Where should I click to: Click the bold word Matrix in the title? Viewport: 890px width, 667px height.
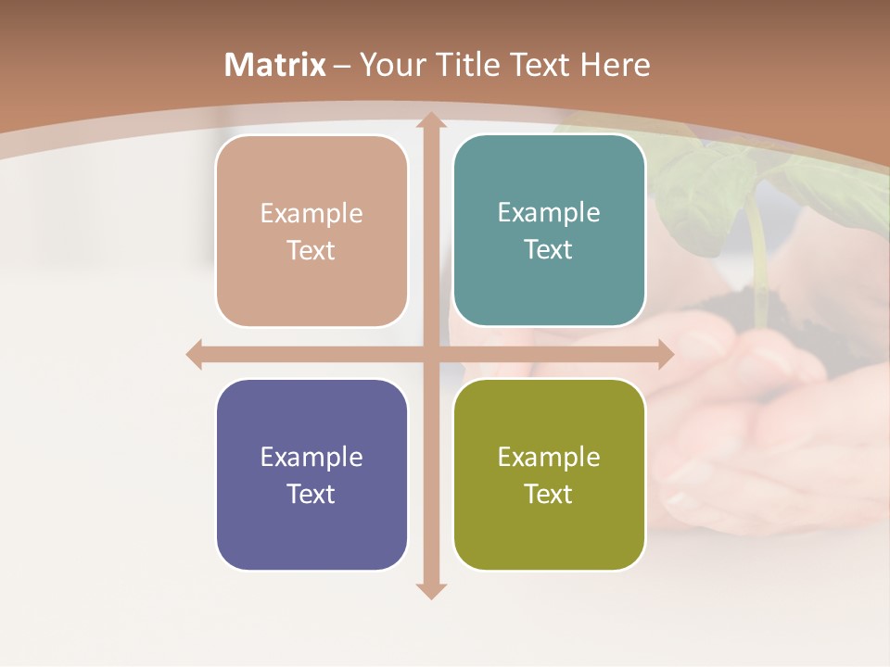pyautogui.click(x=275, y=65)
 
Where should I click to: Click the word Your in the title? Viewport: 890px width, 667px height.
pyautogui.click(x=388, y=65)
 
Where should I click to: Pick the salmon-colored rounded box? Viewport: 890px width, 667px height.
pyautogui.click(x=311, y=232)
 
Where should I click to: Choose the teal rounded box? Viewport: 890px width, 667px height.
pyautogui.click(x=549, y=231)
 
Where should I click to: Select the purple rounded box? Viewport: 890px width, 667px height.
pyautogui.click(x=311, y=475)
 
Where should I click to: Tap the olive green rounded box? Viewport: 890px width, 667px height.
pyautogui.click(x=549, y=475)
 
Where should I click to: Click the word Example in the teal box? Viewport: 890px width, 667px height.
pyautogui.click(x=549, y=212)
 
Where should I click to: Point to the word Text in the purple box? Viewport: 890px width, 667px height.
pyautogui.click(x=311, y=494)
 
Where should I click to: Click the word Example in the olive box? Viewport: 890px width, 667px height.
pyautogui.click(x=549, y=457)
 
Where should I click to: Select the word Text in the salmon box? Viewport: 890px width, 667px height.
pyautogui.click(x=311, y=251)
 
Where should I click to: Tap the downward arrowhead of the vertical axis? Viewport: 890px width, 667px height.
pyautogui.click(x=429, y=590)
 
